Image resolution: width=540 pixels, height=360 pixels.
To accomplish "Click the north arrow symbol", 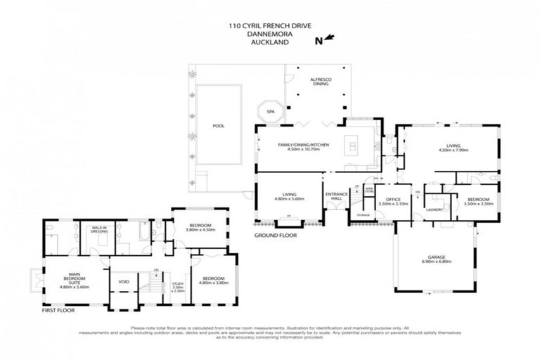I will click(326, 40).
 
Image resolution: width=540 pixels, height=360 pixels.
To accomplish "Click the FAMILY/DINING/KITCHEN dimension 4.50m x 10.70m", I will click(299, 149).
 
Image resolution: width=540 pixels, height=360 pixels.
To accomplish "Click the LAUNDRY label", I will click(434, 210).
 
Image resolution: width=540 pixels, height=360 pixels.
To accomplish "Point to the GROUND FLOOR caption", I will click(276, 235).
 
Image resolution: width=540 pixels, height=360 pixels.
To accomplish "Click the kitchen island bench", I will click(352, 146).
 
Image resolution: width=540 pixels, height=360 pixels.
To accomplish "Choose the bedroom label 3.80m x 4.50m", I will click(195, 228).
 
